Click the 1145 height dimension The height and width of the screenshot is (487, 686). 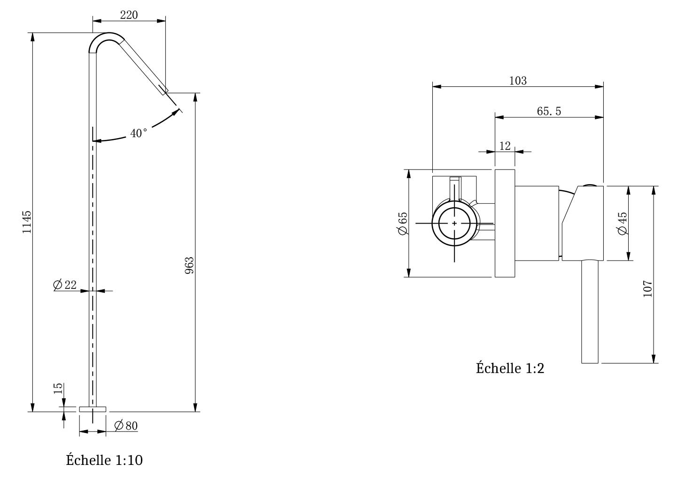point(27,222)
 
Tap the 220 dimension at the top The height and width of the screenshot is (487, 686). point(129,15)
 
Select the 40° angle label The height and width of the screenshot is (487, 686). point(139,133)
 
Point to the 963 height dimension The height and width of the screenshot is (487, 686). point(189,265)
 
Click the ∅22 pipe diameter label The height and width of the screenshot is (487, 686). point(65,285)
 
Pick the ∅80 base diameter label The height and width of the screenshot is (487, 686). point(126,426)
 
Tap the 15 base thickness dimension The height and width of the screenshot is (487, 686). point(58,388)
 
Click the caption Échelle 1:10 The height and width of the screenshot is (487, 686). point(104,460)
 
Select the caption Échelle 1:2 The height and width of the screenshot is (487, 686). point(510,368)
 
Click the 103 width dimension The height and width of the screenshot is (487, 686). point(518,81)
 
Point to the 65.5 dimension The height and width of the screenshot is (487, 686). point(549,111)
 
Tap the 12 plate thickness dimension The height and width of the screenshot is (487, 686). point(505,146)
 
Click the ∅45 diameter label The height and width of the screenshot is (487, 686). point(622,223)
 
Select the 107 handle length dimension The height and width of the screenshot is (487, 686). point(647,288)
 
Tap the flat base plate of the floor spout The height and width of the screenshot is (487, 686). point(93,409)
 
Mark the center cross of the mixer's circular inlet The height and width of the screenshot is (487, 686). point(454,223)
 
